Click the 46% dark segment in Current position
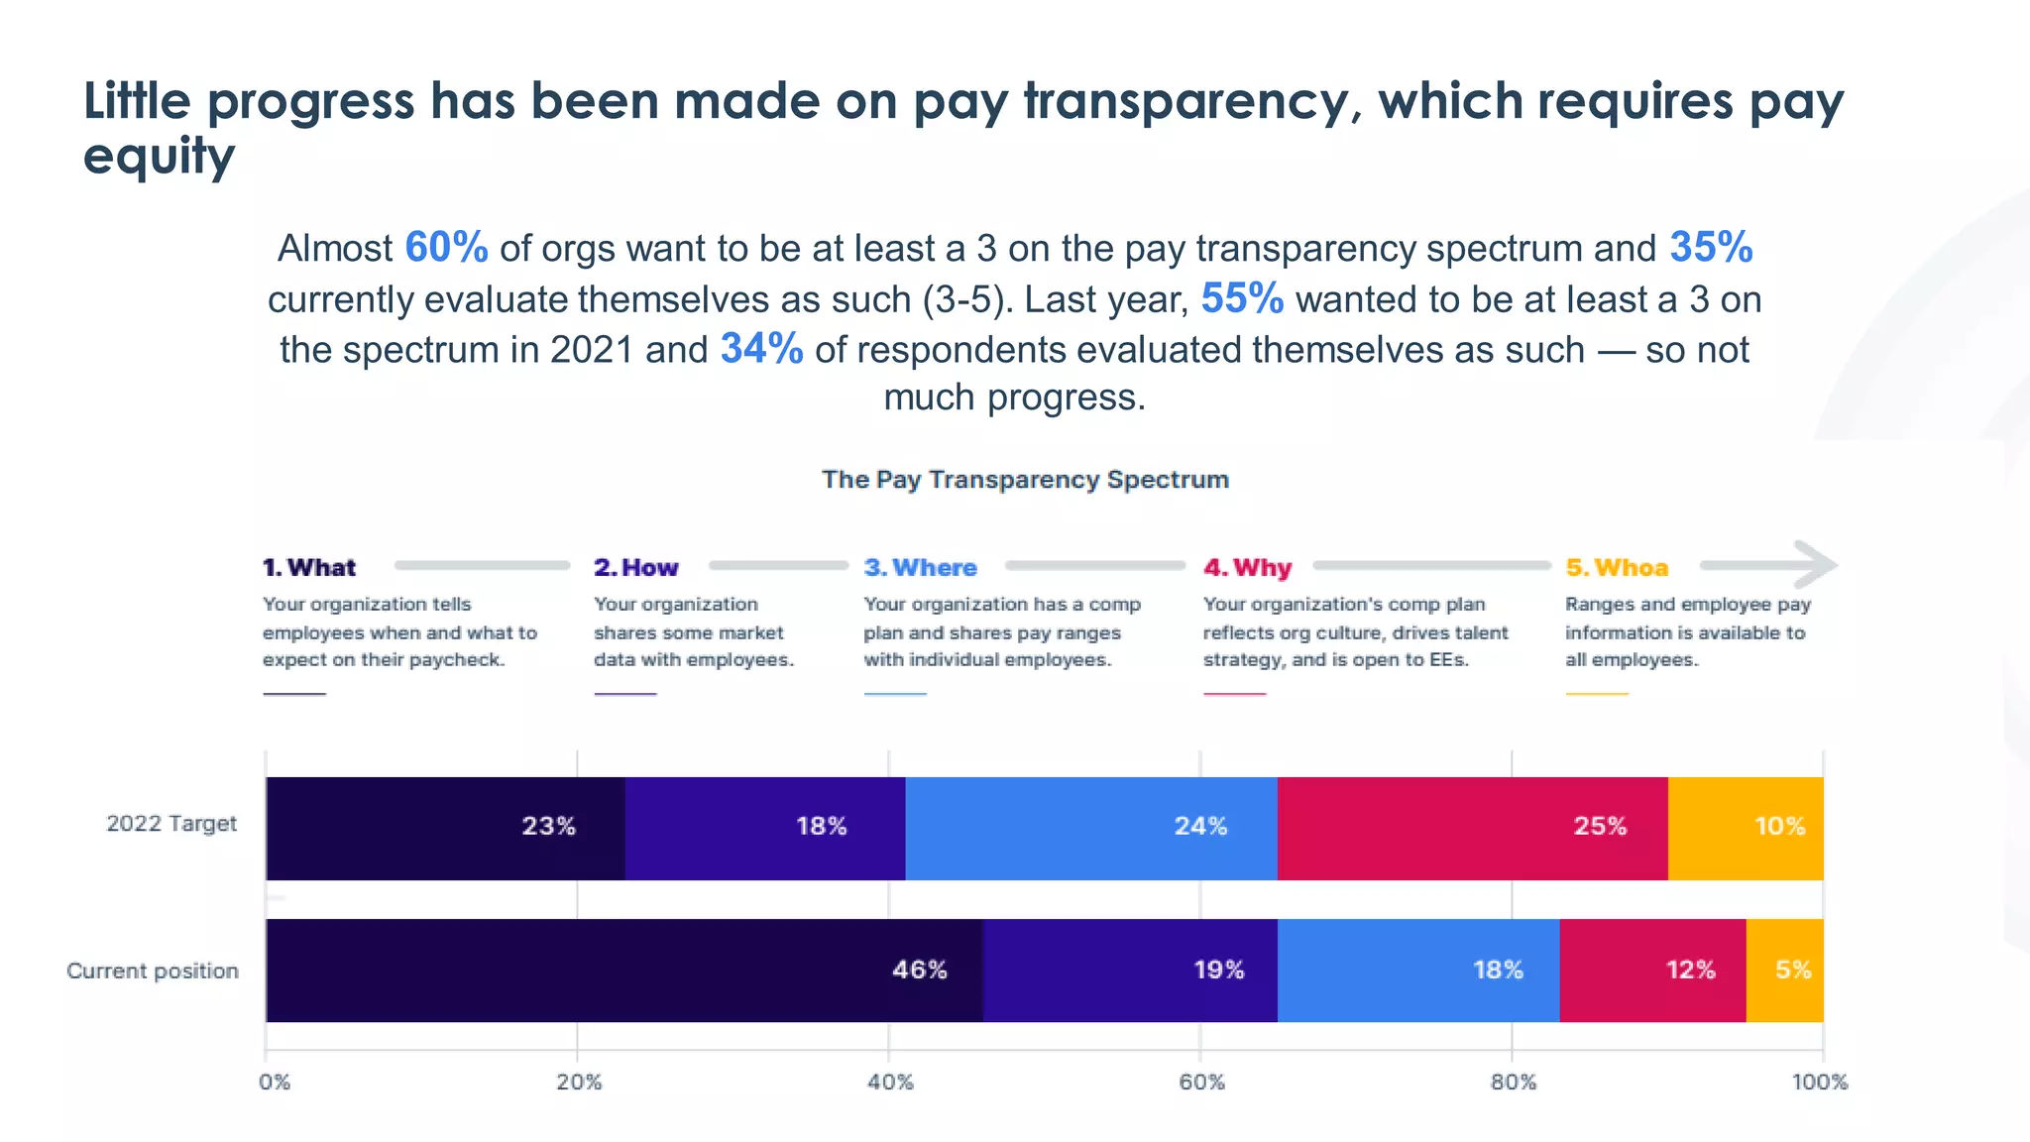624,970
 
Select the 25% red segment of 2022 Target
1472,828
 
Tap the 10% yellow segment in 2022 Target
1746,828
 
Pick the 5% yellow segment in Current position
1784,970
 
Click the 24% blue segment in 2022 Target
1090,828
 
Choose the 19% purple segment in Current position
1130,970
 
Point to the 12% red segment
1652,970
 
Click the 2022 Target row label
171,824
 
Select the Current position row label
153,971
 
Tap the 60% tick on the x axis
1201,1082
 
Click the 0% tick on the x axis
275,1082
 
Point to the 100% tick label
1820,1082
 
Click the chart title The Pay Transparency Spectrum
1025,480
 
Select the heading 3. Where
920,568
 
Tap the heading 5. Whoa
1617,568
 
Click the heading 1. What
308,568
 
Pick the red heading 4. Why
1247,568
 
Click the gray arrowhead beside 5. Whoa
1816,565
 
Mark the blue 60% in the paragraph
446,248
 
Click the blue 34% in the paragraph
761,349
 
